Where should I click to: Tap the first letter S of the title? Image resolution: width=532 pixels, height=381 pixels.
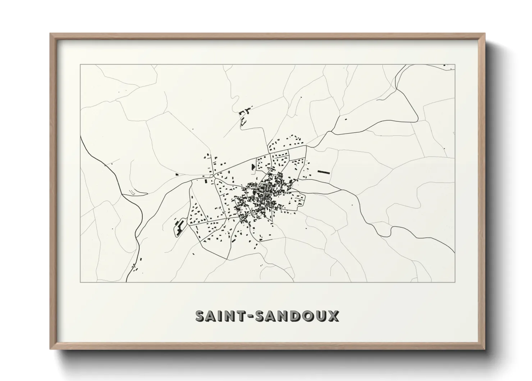pos(201,316)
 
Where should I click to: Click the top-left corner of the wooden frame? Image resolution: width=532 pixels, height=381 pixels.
pos(51,34)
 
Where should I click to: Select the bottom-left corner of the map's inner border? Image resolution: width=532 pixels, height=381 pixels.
pos(80,282)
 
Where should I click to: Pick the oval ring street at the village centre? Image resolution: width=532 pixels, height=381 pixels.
pos(266,190)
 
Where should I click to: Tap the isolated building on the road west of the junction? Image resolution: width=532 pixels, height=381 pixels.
pos(177,174)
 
